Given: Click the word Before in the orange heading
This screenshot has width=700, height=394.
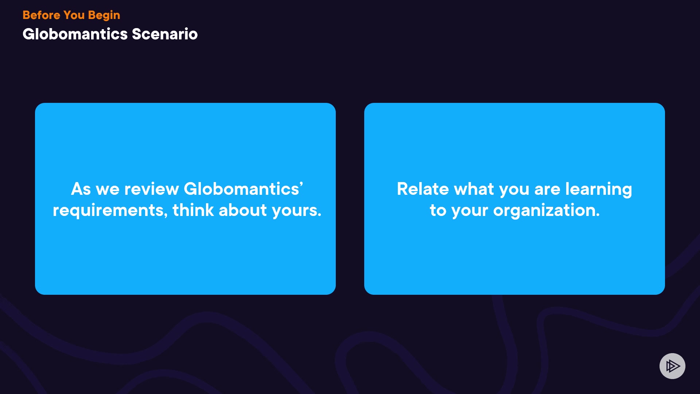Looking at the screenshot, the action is coord(41,15).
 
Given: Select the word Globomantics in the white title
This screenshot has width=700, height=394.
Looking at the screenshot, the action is coord(75,34).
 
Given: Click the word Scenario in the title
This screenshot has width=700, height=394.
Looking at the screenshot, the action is coord(165,34).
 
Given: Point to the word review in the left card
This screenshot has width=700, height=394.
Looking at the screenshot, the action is coord(151,189).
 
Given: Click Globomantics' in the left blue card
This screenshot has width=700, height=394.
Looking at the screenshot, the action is coord(244,189).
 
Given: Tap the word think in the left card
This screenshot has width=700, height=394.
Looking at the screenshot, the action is coord(193,210).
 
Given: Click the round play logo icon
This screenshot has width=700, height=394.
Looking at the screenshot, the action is coord(672,366).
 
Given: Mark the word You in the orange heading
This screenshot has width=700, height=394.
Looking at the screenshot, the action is coord(74,15).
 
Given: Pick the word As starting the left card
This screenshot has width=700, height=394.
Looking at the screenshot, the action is coord(81,189).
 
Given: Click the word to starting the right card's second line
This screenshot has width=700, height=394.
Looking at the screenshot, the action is coord(438,211).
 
